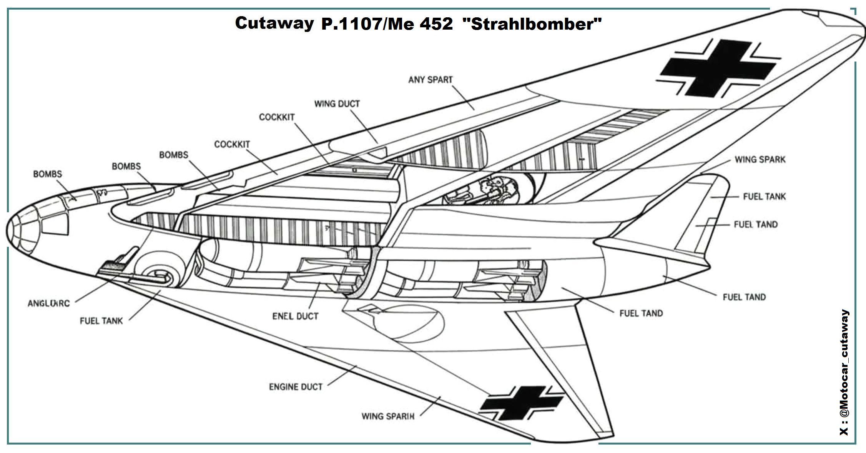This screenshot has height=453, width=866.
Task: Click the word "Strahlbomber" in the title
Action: click(532, 24)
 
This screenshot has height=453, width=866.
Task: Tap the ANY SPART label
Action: click(430, 80)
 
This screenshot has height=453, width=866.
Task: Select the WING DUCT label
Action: click(337, 104)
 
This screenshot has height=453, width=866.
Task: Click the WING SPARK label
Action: click(760, 160)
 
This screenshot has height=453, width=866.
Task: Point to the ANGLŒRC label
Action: click(48, 303)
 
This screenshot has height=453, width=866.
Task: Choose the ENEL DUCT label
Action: click(295, 316)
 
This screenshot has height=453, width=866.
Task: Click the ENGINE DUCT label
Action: click(295, 386)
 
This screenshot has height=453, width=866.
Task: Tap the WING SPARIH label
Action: click(388, 416)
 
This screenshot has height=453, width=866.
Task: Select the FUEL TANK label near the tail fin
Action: click(764, 197)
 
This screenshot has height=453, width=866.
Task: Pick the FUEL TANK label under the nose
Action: click(101, 321)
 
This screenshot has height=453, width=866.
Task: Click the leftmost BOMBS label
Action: click(47, 174)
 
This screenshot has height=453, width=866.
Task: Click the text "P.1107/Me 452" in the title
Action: click(387, 24)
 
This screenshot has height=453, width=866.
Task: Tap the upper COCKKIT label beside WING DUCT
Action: click(276, 117)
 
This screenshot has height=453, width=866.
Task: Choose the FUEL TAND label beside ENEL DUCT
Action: click(641, 313)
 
